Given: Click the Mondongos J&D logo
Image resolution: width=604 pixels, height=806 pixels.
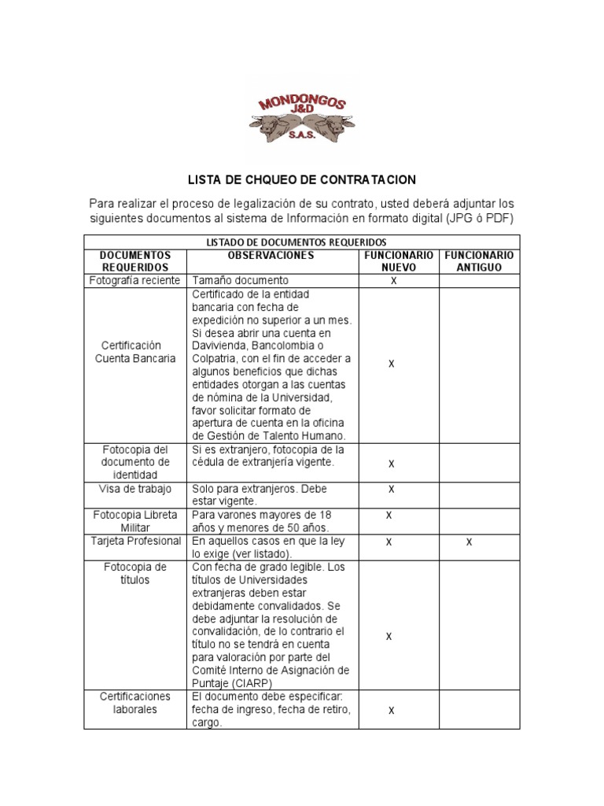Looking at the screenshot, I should coord(302,119).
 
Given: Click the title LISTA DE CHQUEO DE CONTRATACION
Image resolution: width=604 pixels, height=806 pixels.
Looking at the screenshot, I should coord(302,180).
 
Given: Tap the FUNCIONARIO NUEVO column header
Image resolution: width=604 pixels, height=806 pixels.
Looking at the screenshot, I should coord(398,261).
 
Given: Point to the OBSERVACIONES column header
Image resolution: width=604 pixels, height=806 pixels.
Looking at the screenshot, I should coord(271,256).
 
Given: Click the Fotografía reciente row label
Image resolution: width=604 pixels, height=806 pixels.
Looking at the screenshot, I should coord(134,280).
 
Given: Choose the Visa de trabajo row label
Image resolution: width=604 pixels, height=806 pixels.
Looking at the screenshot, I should coord(134,490).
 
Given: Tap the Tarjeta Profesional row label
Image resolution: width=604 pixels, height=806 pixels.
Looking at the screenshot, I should coord(134,542).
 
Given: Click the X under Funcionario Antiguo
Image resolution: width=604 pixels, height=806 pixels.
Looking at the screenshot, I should coord(470,542).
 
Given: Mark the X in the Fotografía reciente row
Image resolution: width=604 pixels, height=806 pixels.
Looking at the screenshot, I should coord(394,281).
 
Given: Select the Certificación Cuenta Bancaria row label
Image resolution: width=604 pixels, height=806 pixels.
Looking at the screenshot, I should coord(134,352).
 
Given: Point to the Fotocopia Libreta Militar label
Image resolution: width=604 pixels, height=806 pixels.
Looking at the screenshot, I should coord(134,521).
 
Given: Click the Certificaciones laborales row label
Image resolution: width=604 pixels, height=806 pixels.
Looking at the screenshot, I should coord(134,703).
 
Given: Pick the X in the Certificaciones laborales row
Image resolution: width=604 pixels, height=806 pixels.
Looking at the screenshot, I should coord(390,710).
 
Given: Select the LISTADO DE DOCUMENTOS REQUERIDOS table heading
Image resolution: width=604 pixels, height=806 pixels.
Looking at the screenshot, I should coord(302,242).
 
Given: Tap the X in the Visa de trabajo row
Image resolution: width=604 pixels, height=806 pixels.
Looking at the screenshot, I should coord(391,490).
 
